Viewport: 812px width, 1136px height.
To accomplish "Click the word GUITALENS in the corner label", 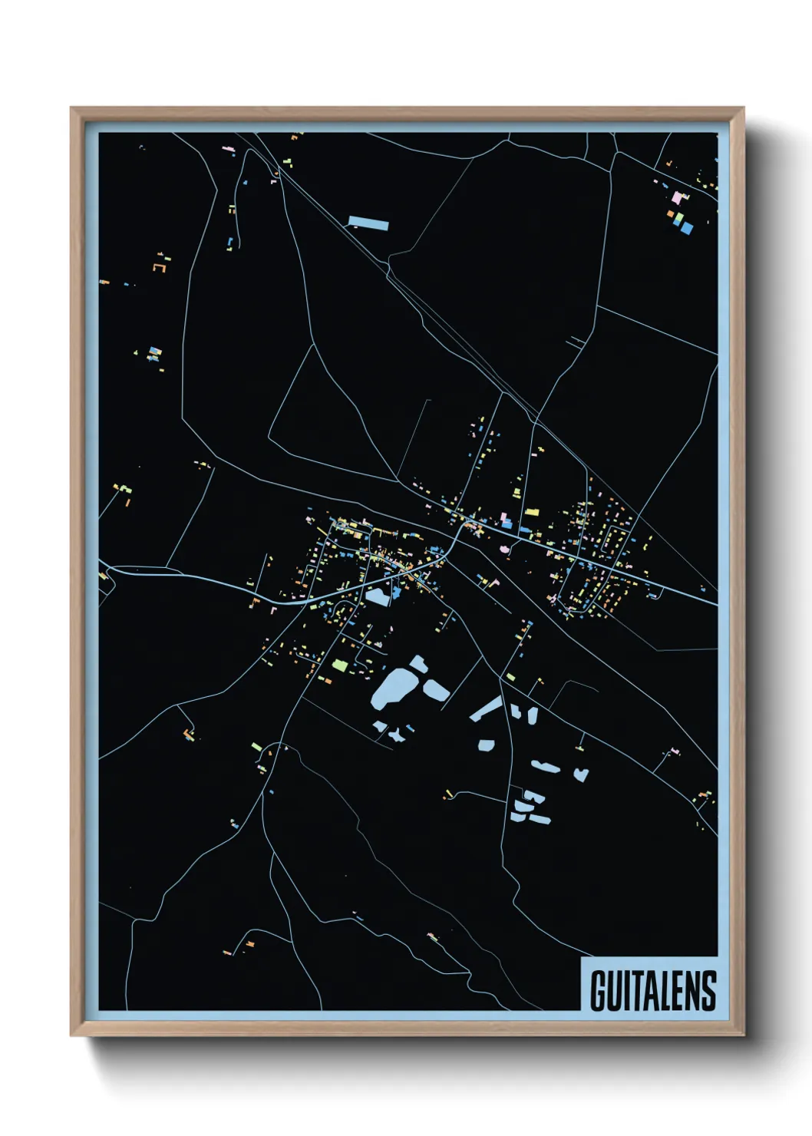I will pyautogui.click(x=653, y=991).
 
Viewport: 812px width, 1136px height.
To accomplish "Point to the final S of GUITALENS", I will pyautogui.click(x=709, y=991).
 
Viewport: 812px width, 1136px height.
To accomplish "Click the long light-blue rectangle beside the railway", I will pyautogui.click(x=368, y=223).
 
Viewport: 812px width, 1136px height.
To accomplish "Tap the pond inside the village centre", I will pyautogui.click(x=378, y=597).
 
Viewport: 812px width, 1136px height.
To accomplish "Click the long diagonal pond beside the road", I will pyautogui.click(x=486, y=709).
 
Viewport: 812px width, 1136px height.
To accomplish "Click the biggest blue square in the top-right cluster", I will pyautogui.click(x=687, y=228).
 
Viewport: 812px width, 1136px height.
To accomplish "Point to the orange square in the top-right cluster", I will pyautogui.click(x=671, y=214).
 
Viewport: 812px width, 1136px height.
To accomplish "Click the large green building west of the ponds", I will pyautogui.click(x=339, y=665).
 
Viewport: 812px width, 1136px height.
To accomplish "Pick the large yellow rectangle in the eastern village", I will pyautogui.click(x=532, y=511).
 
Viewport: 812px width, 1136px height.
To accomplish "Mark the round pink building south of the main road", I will pyautogui.click(x=504, y=549).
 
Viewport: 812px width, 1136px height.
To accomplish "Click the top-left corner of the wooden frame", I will pyautogui.click(x=72, y=109).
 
